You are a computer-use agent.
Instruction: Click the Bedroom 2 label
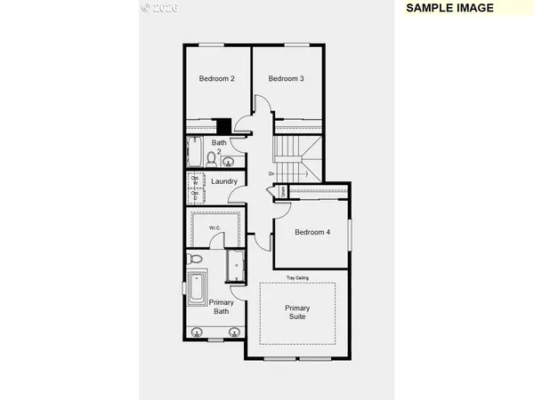coord(216,79)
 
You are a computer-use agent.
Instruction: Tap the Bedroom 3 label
coord(286,79)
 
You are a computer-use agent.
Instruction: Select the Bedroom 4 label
coord(313,232)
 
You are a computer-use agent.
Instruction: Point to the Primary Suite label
coord(297,313)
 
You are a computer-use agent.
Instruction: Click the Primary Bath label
coord(222,308)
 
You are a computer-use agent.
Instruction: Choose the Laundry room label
coord(223,182)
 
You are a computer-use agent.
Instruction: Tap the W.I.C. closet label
coord(214,228)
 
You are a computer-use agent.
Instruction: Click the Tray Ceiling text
coord(297,278)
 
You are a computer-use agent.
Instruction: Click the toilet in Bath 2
coord(211,158)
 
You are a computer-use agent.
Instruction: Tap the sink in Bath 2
coord(228,162)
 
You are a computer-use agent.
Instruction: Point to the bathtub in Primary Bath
coord(197,291)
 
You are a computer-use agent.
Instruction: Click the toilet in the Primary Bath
coord(197,260)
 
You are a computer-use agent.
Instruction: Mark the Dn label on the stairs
coord(271,173)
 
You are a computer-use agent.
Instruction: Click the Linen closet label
coord(282,191)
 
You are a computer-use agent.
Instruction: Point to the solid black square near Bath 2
coord(224,126)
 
